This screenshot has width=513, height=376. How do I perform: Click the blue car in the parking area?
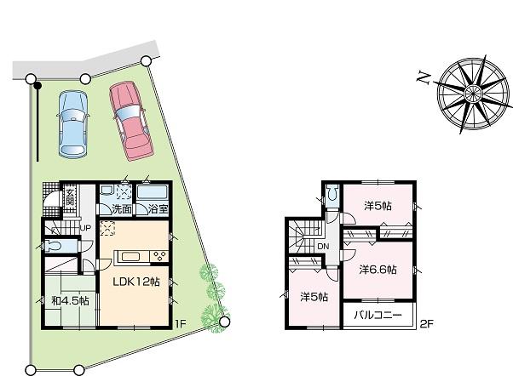coord(72,123)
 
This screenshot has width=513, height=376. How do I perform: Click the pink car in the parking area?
coord(129,119)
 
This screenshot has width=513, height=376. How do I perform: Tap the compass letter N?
coord(421,77)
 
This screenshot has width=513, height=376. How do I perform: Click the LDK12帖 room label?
coord(136,282)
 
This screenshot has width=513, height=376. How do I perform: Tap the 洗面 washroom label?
coord(120,208)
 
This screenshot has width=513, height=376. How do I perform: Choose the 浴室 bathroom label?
coord(157,208)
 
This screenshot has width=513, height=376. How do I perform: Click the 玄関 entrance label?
coord(72,201)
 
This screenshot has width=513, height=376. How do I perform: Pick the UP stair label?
coord(85,228)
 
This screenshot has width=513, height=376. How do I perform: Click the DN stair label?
coord(323,248)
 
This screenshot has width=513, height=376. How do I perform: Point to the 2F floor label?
coord(426,324)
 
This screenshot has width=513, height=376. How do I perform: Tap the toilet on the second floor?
coord(333,192)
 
